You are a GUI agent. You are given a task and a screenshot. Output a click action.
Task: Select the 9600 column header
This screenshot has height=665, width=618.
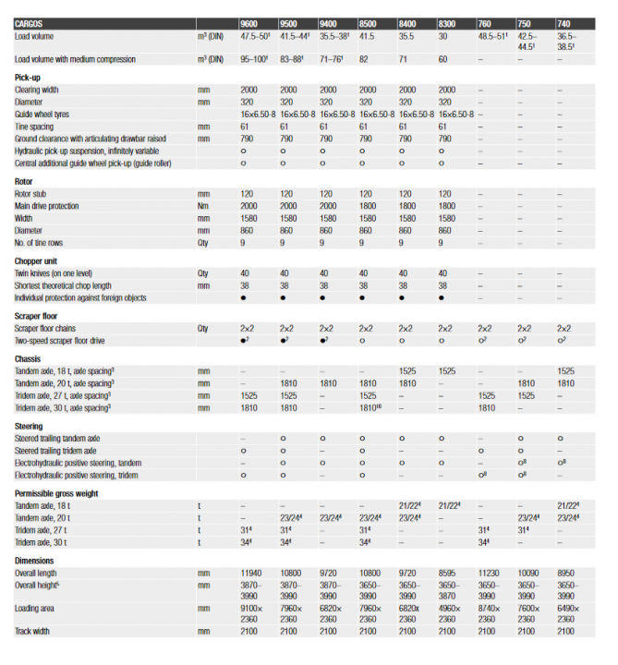point(248,22)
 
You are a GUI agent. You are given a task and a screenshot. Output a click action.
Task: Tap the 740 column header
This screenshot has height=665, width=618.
point(563,22)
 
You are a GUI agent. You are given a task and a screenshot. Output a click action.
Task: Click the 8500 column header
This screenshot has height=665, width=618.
point(367,22)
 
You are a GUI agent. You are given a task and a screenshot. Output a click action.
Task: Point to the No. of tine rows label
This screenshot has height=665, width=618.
point(44,242)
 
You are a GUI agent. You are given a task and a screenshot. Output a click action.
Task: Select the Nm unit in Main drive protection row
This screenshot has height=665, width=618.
point(202,206)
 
